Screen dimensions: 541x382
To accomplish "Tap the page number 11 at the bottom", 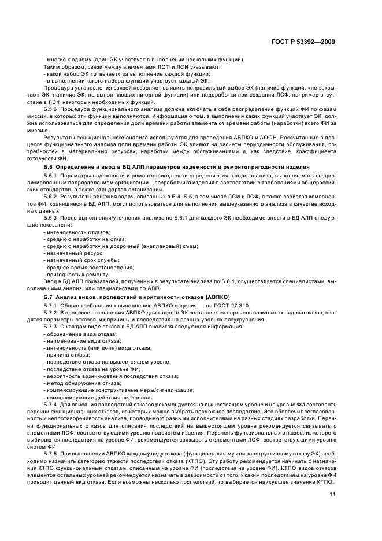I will click(x=333, y=494).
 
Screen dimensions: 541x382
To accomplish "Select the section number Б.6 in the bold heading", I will click(x=49, y=166).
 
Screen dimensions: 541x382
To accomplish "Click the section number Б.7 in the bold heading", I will click(x=49, y=296).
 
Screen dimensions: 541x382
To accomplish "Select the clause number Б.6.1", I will click(x=51, y=174).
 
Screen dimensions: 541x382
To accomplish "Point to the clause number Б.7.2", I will click(x=51, y=311).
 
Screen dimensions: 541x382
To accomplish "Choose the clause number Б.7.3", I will click(x=51, y=327).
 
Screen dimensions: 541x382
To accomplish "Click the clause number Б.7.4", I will click(x=51, y=405).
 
